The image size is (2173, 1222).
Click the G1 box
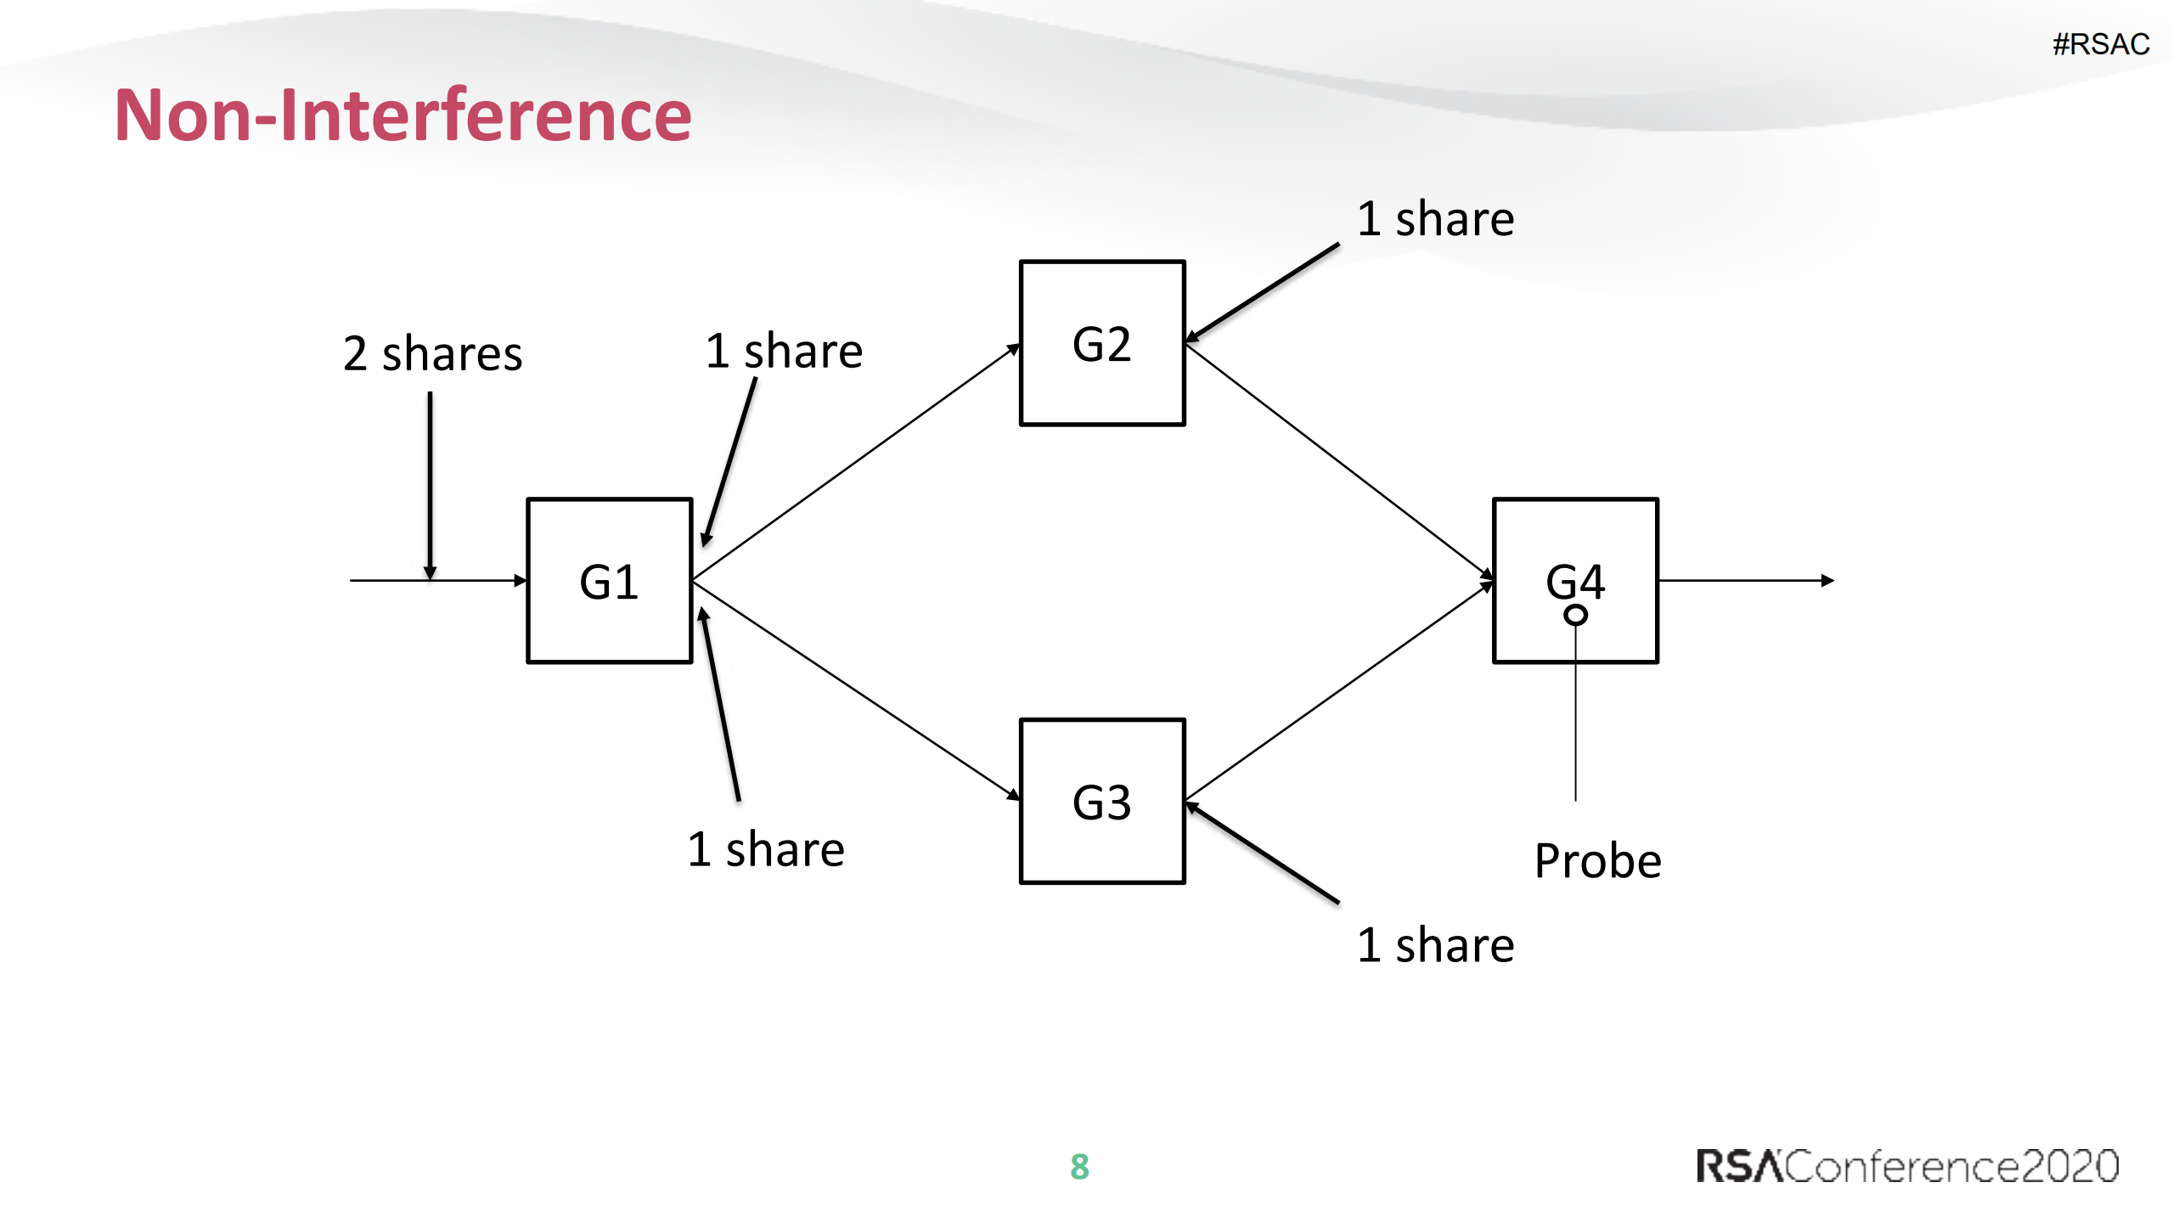coord(609,580)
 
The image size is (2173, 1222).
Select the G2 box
coord(1101,343)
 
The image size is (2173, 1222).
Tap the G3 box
coord(1101,801)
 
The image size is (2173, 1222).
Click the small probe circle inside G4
coord(1575,614)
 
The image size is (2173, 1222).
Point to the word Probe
coord(1597,860)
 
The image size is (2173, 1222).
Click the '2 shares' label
coord(432,353)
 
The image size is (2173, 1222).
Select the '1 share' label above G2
coord(1435,219)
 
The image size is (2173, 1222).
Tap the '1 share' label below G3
coord(1435,945)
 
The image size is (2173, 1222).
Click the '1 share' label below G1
coord(765,849)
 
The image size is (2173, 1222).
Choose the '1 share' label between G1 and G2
coord(784,351)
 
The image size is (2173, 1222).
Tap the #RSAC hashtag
coord(2100,44)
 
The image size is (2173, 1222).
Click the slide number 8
coord(1079,1166)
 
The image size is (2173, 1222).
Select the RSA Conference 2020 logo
coord(1907,1166)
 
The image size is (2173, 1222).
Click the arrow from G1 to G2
coord(856,463)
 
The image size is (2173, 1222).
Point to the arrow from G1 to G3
coord(856,689)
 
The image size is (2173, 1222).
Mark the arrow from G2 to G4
coord(1339,462)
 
